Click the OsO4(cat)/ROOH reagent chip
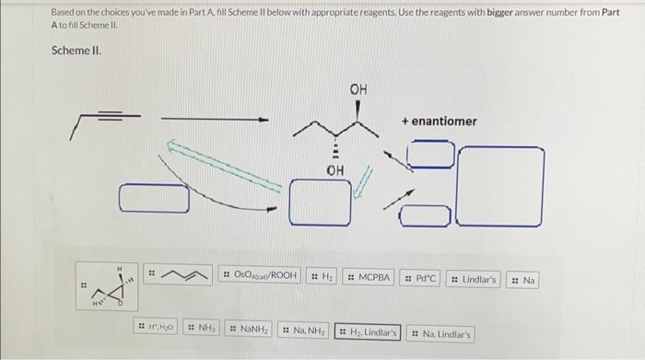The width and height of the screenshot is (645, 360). (x=261, y=276)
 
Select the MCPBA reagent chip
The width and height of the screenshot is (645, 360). (x=369, y=276)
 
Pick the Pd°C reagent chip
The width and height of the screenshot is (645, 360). (x=421, y=276)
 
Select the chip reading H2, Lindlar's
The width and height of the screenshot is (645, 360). (x=367, y=332)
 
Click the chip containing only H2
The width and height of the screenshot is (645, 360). (x=320, y=276)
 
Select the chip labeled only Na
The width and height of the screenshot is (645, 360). (x=522, y=276)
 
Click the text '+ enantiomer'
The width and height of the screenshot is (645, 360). (x=439, y=121)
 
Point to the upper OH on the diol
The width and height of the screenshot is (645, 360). (x=358, y=88)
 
